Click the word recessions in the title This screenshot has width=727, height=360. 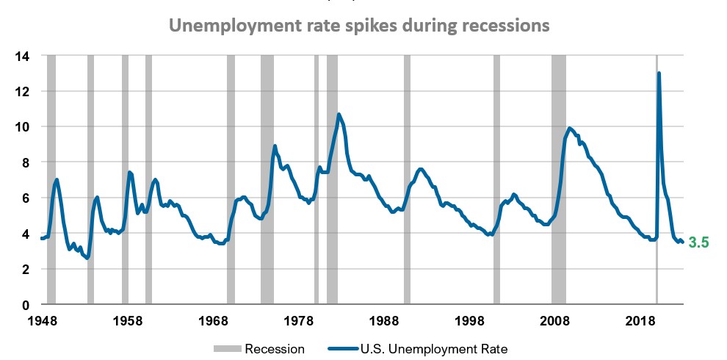click(x=502, y=26)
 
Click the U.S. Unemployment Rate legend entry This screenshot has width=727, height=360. click(x=433, y=349)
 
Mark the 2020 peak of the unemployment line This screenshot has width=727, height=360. click(x=659, y=73)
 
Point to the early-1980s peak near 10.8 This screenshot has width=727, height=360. click(x=339, y=115)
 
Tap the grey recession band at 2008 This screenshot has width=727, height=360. click(x=559, y=180)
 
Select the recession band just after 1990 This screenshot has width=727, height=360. click(x=407, y=180)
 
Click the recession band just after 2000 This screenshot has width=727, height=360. click(x=496, y=180)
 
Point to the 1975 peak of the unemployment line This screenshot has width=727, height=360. click(x=275, y=146)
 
